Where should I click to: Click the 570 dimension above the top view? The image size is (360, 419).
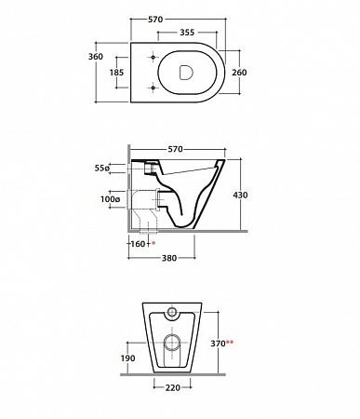pos(155,20)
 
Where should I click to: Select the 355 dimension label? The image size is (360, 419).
pos(187,33)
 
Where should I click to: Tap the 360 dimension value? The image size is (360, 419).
pos(96,57)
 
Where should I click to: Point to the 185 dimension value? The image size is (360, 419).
pos(116,73)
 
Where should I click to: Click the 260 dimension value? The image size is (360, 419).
pos(239,73)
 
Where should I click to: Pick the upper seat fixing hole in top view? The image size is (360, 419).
pos(153,58)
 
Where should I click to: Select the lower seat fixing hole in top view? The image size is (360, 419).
pos(153,88)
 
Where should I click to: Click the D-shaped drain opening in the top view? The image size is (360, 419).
pos(186,73)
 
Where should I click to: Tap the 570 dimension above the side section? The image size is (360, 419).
pos(175,149)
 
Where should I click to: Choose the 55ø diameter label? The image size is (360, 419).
pos(102,169)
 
